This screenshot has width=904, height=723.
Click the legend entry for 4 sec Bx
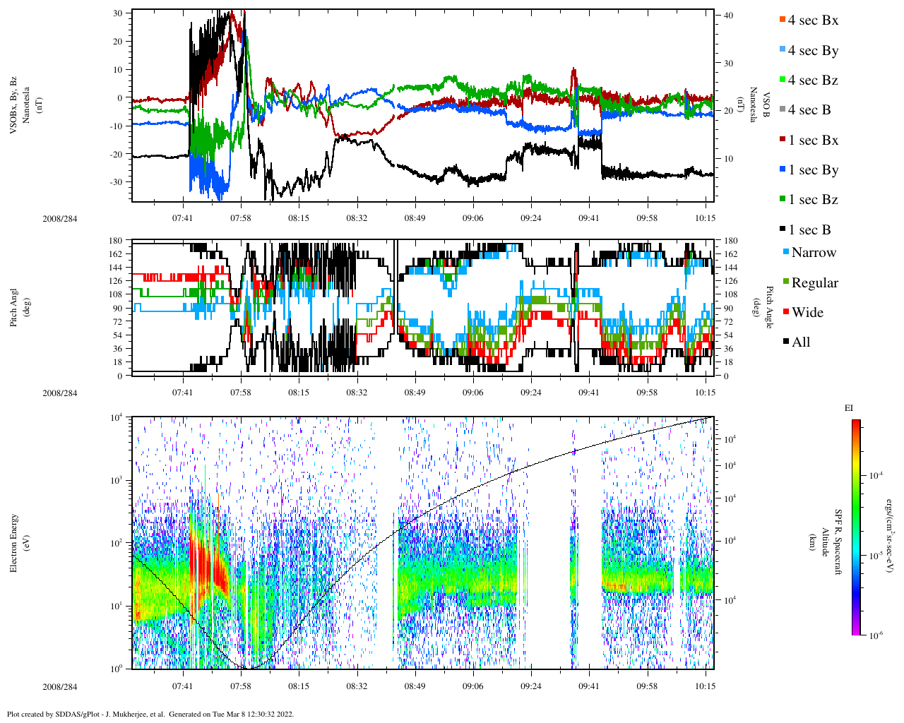(x=812, y=20)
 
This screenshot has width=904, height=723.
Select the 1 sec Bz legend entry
(x=812, y=200)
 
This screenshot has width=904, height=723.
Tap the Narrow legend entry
(x=813, y=253)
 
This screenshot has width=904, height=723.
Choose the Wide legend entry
(x=807, y=313)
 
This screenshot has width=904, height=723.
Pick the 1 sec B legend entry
(x=809, y=230)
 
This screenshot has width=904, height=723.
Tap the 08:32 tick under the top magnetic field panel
(x=357, y=219)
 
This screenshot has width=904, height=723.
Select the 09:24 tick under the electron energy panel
(x=531, y=686)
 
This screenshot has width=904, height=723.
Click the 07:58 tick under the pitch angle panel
(x=241, y=393)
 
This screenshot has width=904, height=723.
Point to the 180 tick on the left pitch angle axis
(x=116, y=241)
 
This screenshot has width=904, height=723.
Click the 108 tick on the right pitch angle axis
(x=730, y=294)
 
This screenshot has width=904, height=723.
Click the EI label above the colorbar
(x=849, y=408)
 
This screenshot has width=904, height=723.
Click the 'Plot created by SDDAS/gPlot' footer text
(x=150, y=714)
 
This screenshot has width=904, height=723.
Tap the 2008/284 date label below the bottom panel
(x=59, y=687)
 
